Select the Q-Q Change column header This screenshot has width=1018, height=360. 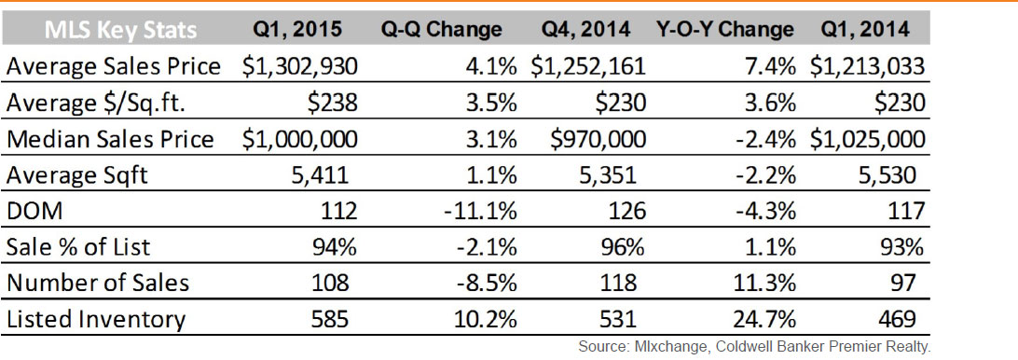[442, 30]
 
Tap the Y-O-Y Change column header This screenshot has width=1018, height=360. [724, 30]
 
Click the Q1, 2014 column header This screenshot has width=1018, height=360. [864, 31]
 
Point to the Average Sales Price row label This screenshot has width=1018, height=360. [112, 66]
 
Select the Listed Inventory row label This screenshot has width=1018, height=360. [95, 319]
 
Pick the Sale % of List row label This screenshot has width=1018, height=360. [78, 247]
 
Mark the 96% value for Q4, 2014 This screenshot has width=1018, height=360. [624, 247]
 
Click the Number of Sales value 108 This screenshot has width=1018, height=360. [331, 283]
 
